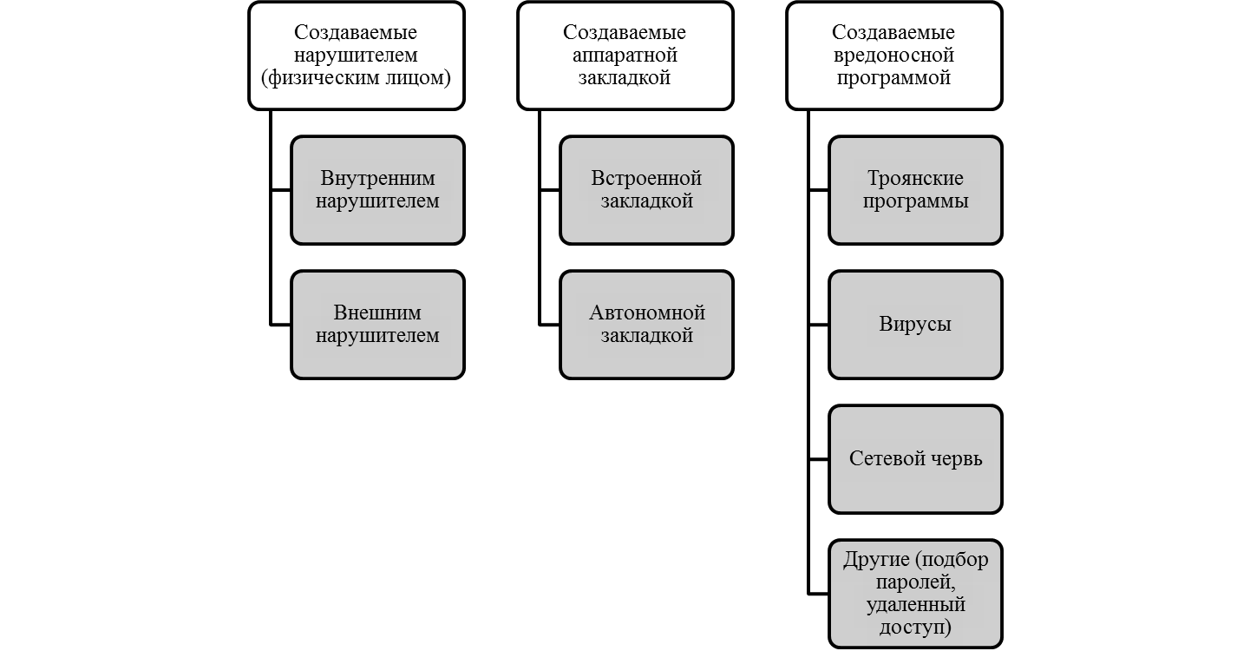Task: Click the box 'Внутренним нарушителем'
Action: pos(377,190)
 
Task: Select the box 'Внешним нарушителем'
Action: pos(377,325)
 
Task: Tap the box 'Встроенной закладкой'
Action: pos(646,190)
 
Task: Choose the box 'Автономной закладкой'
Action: pos(646,325)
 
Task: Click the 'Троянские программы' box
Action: pos(915,190)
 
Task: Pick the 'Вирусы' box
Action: pos(915,325)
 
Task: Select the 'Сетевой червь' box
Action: pos(915,459)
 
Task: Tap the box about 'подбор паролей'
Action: pos(915,594)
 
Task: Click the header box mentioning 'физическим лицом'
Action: pos(356,56)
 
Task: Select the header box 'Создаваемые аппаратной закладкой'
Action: pos(625,56)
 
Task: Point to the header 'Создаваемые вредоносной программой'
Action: pos(894,56)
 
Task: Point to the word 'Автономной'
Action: pos(647,312)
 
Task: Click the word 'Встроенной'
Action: pos(646,179)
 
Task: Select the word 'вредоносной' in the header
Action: pos(893,56)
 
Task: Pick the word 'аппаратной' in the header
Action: pos(625,56)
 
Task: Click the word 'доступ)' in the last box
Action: pos(915,628)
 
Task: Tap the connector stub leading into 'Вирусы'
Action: pos(818,325)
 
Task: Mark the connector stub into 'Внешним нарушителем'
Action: pos(280,325)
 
